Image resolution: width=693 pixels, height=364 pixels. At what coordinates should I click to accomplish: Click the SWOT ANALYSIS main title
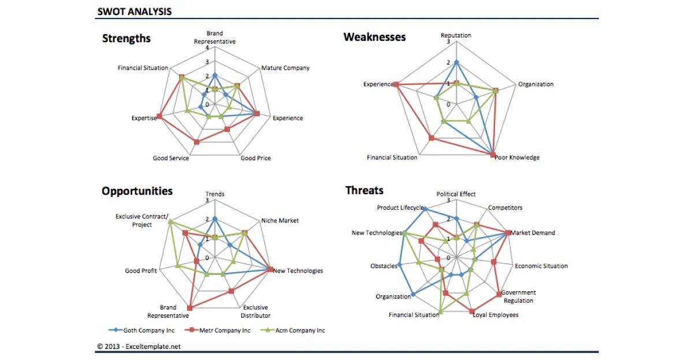point(134,11)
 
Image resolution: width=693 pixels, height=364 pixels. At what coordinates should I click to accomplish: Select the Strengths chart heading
point(126,39)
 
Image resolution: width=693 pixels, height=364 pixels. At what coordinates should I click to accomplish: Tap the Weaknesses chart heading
point(374,37)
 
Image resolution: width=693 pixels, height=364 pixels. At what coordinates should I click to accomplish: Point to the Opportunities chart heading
point(137,191)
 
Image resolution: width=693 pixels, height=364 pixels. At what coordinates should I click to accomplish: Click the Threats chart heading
point(364,191)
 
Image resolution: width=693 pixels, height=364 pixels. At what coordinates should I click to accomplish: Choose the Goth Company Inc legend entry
point(141,330)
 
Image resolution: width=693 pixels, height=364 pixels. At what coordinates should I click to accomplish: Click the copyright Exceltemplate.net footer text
point(139,347)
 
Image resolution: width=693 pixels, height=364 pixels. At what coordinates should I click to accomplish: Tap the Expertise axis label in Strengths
point(144,118)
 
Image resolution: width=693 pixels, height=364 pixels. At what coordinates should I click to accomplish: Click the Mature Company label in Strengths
point(285,68)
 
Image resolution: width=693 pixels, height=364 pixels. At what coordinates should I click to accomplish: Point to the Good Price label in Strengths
point(255,158)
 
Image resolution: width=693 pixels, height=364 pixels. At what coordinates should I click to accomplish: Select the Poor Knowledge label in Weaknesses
point(517,158)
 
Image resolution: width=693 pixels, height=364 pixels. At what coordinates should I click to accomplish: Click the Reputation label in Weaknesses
point(456,35)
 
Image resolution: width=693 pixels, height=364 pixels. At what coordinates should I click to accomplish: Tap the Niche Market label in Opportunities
point(280,221)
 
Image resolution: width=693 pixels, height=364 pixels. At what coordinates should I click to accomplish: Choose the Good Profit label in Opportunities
point(141,270)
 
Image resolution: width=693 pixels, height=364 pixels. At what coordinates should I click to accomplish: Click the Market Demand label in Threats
point(533,233)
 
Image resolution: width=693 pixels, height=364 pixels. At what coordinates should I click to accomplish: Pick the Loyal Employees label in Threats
point(495,315)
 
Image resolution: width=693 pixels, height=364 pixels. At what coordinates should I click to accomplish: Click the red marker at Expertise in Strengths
point(159,117)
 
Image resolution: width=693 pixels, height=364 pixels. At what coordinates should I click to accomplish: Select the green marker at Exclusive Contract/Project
point(170,221)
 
